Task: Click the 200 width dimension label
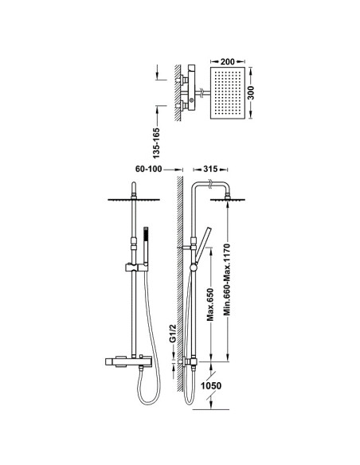(x=228, y=61)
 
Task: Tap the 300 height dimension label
(x=251, y=93)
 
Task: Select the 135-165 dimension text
(x=156, y=143)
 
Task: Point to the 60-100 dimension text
(x=149, y=169)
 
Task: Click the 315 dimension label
(x=210, y=169)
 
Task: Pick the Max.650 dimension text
(x=210, y=304)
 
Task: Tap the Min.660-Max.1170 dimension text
(x=227, y=279)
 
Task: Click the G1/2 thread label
(x=173, y=334)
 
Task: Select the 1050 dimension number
(x=211, y=386)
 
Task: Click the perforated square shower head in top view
(x=228, y=93)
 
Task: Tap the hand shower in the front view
(x=146, y=245)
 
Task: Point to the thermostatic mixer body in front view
(x=128, y=362)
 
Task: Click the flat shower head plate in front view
(x=134, y=200)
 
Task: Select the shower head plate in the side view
(x=228, y=200)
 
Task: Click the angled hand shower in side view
(x=202, y=245)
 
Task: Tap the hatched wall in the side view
(x=179, y=284)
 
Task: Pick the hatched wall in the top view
(x=178, y=93)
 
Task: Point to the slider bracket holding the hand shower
(x=136, y=268)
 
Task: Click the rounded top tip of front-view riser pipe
(x=134, y=183)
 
